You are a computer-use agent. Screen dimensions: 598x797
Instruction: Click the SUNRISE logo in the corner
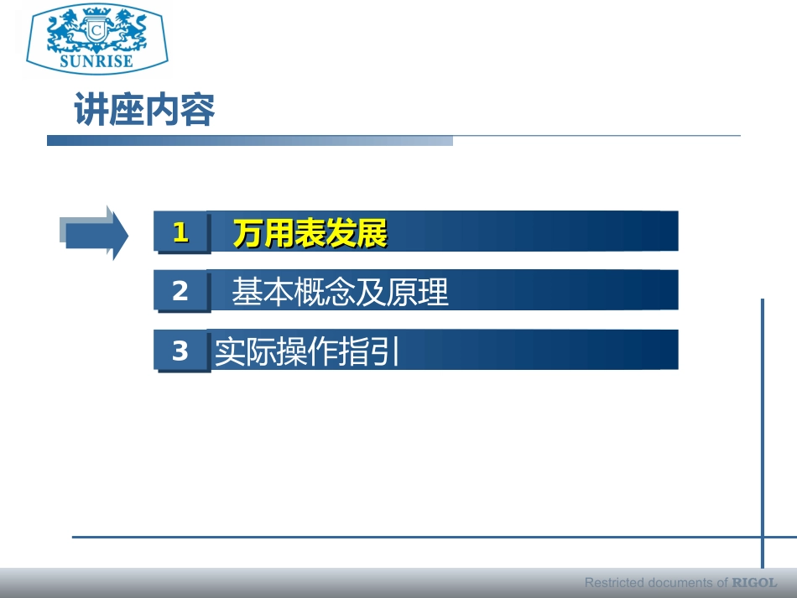96,38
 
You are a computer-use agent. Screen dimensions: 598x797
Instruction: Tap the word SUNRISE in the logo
96,60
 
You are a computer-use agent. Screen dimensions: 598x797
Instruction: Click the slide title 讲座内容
144,111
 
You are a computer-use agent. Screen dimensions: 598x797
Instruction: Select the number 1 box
181,232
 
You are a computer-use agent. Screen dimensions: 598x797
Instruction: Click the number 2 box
181,291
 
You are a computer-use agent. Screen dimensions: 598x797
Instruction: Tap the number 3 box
181,351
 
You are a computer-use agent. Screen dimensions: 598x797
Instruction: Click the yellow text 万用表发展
310,234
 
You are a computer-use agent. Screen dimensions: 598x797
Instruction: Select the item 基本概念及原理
340,292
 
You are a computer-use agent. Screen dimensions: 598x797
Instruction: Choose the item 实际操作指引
306,351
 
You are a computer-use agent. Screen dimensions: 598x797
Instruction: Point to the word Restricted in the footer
613,582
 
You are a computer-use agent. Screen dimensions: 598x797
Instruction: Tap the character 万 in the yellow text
248,234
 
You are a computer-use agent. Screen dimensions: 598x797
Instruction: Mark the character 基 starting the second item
247,292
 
